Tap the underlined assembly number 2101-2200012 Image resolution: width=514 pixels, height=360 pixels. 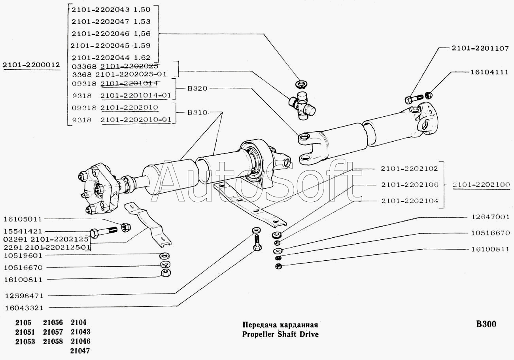[31, 64]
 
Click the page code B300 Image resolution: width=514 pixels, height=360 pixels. [486, 324]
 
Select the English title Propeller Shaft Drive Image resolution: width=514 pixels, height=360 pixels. [280, 334]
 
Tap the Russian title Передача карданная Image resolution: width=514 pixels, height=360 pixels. [280, 325]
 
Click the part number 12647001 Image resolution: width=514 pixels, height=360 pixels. [489, 217]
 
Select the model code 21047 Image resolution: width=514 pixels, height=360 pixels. [80, 351]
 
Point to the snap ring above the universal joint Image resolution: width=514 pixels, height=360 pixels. [300, 83]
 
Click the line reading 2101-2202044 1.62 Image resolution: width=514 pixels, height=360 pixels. [111, 57]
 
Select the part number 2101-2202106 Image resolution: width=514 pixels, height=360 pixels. [410, 185]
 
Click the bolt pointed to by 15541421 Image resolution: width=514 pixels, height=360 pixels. [104, 231]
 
